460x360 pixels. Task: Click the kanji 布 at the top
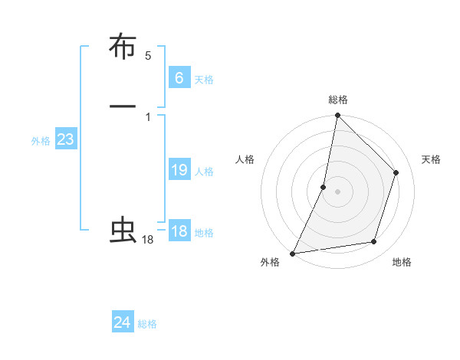(123, 47)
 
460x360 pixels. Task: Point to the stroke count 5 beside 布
(148, 56)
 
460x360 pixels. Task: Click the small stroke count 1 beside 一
(147, 116)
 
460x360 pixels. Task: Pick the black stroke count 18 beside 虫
(148, 241)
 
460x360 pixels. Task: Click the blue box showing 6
(179, 77)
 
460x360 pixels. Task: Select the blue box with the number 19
(179, 170)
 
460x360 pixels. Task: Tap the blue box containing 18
(179, 231)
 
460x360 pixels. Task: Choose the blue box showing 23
(65, 140)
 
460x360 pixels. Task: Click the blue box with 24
(123, 322)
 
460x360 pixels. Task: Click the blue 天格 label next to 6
(204, 80)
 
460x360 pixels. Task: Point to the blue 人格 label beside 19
(204, 172)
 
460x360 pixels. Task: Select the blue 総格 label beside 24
(147, 325)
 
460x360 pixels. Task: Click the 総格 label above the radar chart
(337, 100)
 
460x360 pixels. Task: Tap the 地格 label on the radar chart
(402, 263)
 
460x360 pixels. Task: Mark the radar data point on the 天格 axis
(396, 172)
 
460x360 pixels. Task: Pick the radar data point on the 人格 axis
(324, 187)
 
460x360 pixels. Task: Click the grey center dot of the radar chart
(337, 191)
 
